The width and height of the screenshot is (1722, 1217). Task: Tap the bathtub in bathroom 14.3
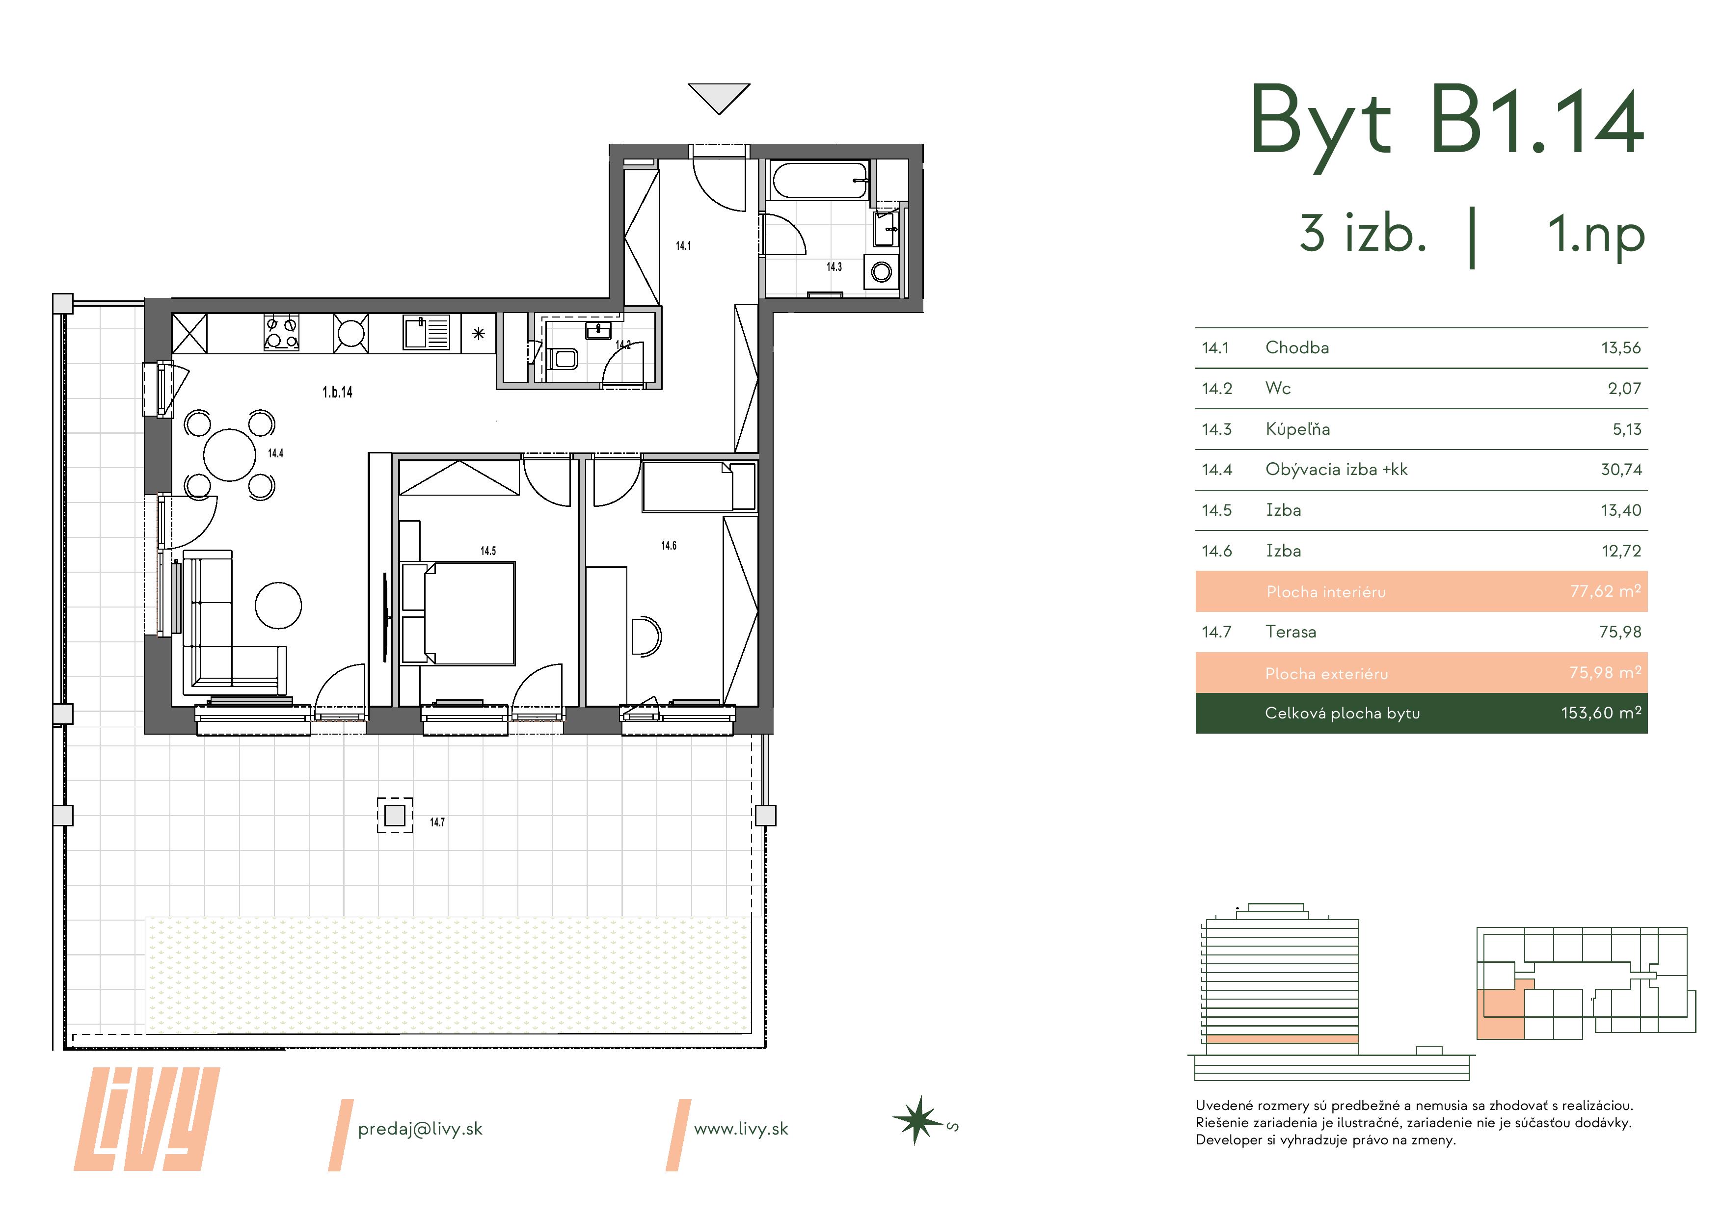[x=820, y=181]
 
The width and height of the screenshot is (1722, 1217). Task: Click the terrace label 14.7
[x=437, y=822]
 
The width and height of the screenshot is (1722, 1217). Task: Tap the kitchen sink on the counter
[x=427, y=332]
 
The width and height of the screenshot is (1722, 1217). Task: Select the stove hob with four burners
[x=282, y=332]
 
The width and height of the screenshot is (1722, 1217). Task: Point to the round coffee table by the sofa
[x=278, y=605]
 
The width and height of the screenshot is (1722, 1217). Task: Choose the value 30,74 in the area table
[x=1621, y=470]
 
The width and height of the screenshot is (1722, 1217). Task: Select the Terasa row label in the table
[x=1291, y=632]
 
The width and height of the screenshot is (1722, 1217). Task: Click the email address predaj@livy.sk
[x=420, y=1129]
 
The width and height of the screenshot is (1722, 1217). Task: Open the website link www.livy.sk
[x=741, y=1129]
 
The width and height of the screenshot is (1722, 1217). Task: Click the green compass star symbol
[x=916, y=1121]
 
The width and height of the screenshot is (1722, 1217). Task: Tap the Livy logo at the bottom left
[x=147, y=1119]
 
